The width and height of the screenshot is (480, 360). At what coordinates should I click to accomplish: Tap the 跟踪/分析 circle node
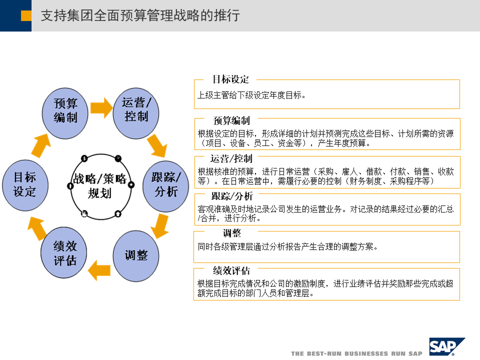pos(165,184)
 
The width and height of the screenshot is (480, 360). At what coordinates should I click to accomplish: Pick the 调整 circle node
pos(136,255)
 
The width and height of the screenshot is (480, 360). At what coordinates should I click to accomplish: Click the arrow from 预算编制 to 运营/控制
pos(101,107)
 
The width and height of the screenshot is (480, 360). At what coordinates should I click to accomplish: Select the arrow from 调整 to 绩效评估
pos(99,270)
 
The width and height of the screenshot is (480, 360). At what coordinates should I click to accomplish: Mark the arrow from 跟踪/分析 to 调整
pos(160,225)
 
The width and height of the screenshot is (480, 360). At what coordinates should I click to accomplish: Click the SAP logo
pos(446,346)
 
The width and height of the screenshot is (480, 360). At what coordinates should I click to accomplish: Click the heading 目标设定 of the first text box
pos(230,79)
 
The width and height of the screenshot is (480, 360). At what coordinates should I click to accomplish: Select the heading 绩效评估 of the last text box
pos(231,271)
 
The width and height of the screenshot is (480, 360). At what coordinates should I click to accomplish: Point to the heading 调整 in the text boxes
pos(232,233)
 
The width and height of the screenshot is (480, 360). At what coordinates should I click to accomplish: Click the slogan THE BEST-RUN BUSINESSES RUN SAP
pos(356,353)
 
